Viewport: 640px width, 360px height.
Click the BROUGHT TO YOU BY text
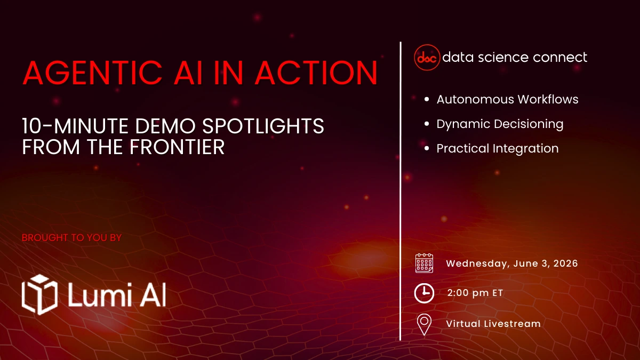71,237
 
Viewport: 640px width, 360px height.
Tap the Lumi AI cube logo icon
39,294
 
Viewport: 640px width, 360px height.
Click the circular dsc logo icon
427,58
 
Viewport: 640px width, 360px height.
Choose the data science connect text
515,57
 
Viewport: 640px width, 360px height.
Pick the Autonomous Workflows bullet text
507,99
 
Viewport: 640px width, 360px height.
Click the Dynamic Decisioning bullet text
500,124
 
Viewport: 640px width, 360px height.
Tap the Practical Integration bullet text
498,148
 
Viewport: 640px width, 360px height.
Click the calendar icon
424,263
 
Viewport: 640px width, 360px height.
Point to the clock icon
424,293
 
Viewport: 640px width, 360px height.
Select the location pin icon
424,324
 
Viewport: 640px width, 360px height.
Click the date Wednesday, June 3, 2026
512,263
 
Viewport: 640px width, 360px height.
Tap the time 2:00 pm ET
475,293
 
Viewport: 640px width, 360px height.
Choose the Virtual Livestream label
493,324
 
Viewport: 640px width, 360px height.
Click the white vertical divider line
401,192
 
